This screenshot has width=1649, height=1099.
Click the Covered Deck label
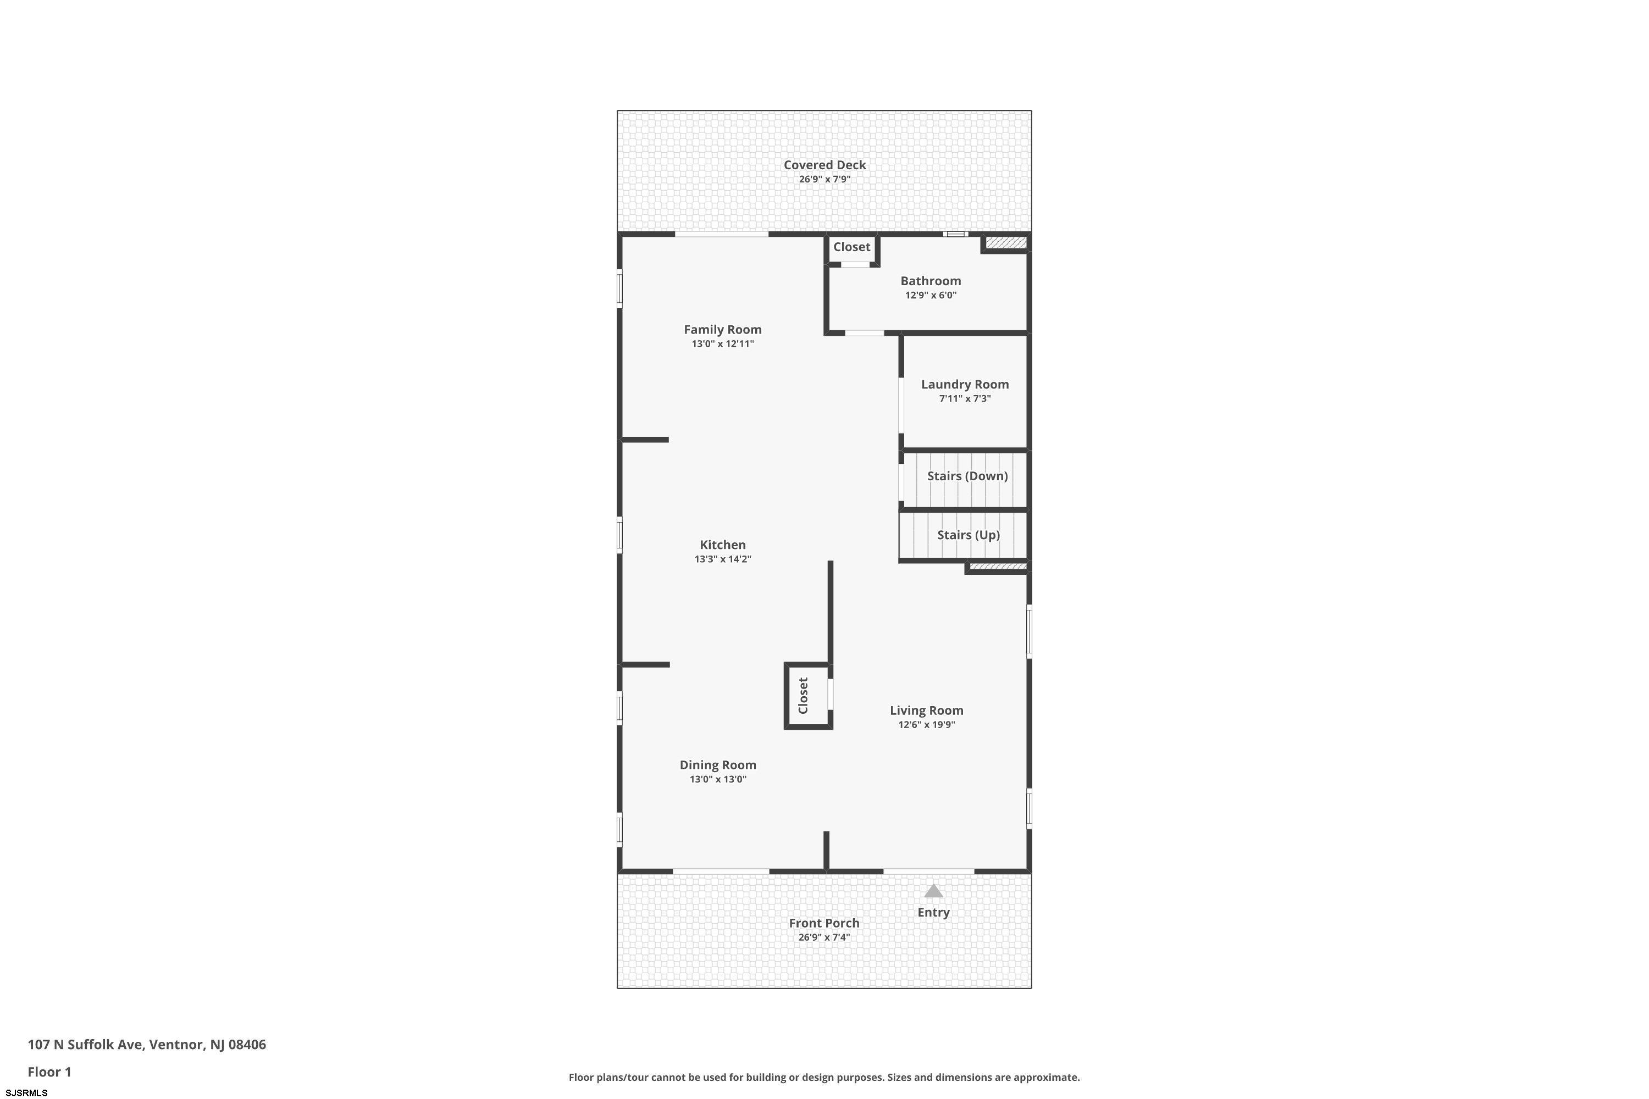[x=824, y=165]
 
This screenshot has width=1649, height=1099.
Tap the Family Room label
[x=722, y=329]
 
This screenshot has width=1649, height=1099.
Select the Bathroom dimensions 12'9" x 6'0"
[x=931, y=295]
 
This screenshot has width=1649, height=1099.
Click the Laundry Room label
[x=965, y=384]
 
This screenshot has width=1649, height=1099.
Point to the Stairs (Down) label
[x=967, y=476]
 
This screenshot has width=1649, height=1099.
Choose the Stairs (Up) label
[x=968, y=535]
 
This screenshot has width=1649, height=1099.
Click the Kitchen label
[x=722, y=545]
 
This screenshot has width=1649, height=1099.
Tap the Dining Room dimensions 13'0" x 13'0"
[x=718, y=779]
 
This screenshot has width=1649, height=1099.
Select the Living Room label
[x=926, y=711]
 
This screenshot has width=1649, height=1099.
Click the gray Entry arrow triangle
[x=933, y=891]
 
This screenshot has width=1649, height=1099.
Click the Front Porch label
[x=824, y=923]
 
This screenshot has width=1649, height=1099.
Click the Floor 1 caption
[x=49, y=1072]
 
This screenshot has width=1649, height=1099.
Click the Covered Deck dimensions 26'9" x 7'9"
[x=824, y=180]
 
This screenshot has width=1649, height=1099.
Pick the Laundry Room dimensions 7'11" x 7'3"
[x=965, y=399]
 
